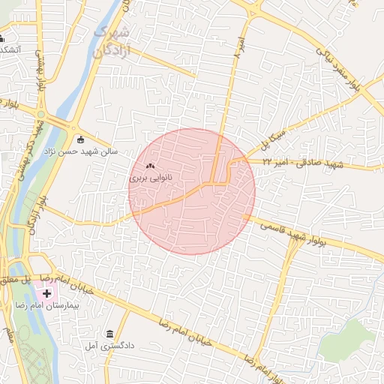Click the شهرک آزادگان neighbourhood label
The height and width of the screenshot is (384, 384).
[x=113, y=42]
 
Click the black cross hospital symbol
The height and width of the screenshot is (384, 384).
[x=47, y=292]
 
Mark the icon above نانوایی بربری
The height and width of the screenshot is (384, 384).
[x=150, y=166]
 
